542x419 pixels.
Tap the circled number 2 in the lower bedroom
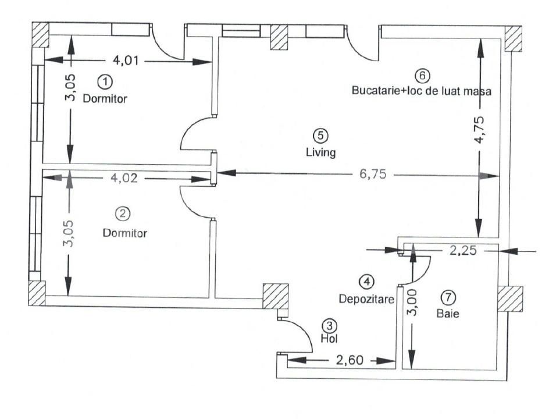click(x=122, y=214)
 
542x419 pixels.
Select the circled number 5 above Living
click(x=320, y=135)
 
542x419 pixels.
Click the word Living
click(x=320, y=152)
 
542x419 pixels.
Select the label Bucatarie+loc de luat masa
click(x=422, y=91)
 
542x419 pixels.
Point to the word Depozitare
click(x=366, y=299)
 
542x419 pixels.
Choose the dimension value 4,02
click(x=126, y=179)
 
